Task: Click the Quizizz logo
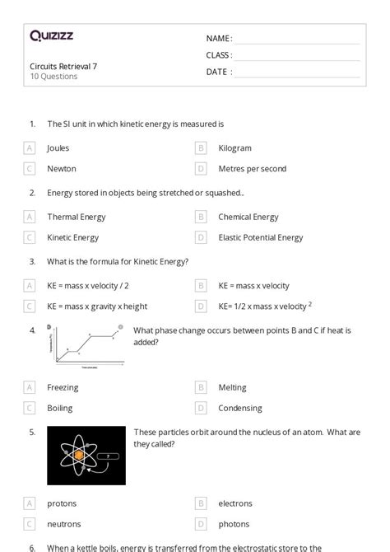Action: (x=51, y=35)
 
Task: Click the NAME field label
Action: (x=218, y=39)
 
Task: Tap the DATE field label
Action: (x=218, y=72)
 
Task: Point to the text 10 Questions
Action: (x=53, y=77)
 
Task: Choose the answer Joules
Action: (x=58, y=148)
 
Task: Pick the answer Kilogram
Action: (x=234, y=148)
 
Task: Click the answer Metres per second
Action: (x=252, y=169)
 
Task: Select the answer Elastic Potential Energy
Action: (x=260, y=238)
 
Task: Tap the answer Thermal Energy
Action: (x=76, y=218)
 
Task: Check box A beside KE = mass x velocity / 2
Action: (x=30, y=286)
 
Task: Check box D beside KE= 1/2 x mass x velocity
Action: (x=201, y=306)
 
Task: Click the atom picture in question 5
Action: (x=86, y=455)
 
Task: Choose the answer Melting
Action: (x=232, y=387)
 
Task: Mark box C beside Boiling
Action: (x=30, y=408)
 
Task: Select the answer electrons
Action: (x=235, y=503)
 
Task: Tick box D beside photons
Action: (x=201, y=524)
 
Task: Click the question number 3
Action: (x=32, y=262)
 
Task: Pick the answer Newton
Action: (x=62, y=169)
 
